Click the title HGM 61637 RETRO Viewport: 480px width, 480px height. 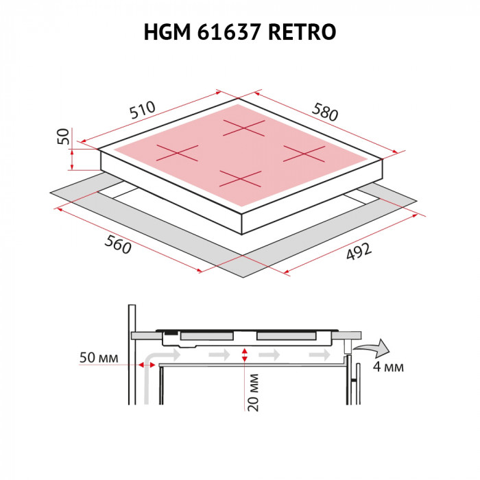(240, 32)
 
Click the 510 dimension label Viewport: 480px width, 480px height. (142, 110)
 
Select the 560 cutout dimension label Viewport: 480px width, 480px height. (118, 245)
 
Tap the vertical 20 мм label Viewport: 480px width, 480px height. (253, 393)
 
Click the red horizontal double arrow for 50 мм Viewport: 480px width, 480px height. (146, 364)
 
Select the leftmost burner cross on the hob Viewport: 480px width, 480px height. (178, 153)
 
